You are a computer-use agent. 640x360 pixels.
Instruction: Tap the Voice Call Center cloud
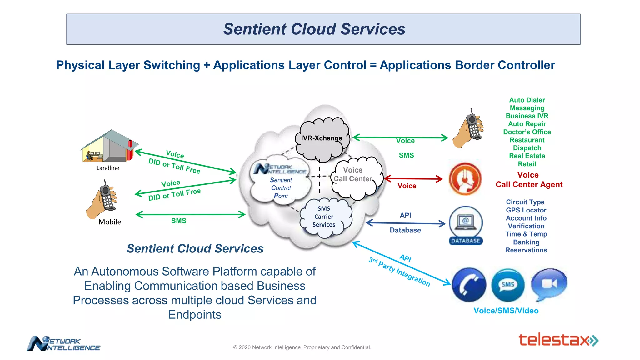click(355, 177)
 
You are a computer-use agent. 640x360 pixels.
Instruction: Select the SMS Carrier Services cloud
click(324, 217)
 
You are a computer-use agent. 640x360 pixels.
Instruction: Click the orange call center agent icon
click(465, 179)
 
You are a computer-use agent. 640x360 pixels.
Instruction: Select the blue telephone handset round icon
click(469, 285)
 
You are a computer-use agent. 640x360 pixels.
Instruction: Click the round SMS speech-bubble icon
click(508, 285)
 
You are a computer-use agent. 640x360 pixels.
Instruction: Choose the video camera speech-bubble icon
click(549, 283)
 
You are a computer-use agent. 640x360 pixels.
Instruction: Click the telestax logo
click(558, 340)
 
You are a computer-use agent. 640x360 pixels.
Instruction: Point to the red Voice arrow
click(413, 179)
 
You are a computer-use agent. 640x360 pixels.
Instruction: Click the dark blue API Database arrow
click(405, 223)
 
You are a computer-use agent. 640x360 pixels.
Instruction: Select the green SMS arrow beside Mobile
click(191, 214)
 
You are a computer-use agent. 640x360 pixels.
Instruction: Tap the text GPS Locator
click(526, 210)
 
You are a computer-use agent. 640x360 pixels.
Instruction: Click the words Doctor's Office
click(527, 132)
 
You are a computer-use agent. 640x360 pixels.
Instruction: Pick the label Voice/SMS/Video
click(506, 311)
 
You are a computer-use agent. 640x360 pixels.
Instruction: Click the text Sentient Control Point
click(281, 188)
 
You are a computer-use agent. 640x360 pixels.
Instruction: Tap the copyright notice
click(302, 347)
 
